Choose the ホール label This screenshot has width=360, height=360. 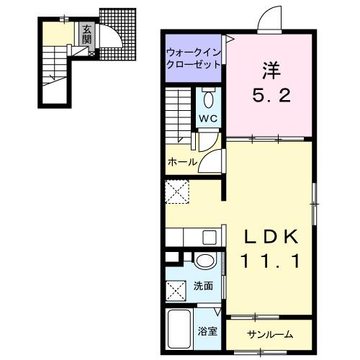[182, 162]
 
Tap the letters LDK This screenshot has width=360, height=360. [270, 238]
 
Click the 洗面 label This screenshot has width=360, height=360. [203, 286]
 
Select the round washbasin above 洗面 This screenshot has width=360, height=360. [204, 261]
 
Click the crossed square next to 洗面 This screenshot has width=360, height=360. [177, 291]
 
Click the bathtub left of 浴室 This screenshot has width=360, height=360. [181, 328]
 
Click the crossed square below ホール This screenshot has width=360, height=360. [177, 192]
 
